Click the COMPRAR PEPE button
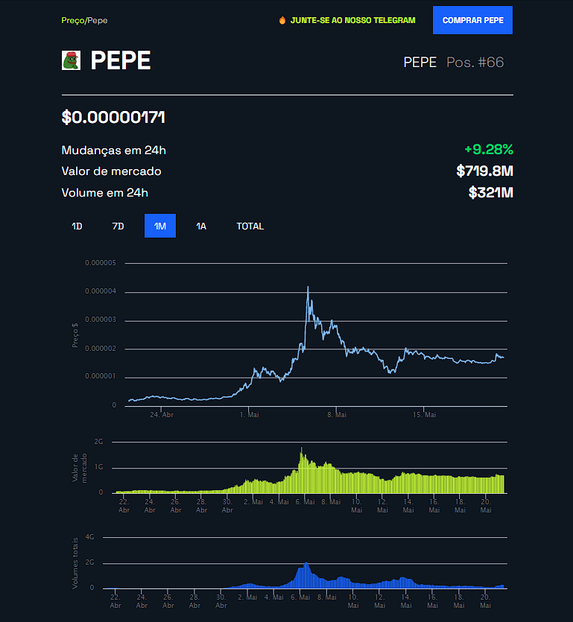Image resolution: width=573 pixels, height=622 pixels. [472, 20]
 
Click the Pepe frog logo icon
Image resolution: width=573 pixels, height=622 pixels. [71, 61]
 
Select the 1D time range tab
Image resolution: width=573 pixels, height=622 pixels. [77, 226]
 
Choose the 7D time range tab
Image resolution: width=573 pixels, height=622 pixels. [118, 226]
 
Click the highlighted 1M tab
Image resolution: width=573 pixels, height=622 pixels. [160, 226]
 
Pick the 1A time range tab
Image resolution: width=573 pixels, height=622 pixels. [201, 226]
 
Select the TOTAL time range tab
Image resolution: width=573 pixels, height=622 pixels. [250, 226]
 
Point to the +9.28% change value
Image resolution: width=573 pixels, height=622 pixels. [488, 150]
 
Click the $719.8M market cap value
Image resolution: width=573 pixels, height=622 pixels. [484, 171]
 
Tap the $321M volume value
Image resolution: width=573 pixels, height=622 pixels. [490, 193]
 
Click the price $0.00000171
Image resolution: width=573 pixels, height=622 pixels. [113, 117]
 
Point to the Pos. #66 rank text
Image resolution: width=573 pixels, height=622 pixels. [475, 62]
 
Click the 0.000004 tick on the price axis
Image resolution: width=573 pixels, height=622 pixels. [101, 291]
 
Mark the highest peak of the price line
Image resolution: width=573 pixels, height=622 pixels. [308, 287]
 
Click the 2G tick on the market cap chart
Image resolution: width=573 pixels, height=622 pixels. [98, 442]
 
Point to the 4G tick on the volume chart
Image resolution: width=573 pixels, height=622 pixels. [89, 536]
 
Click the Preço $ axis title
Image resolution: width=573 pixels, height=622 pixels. [75, 334]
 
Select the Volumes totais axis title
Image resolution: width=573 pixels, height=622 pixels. [75, 563]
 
